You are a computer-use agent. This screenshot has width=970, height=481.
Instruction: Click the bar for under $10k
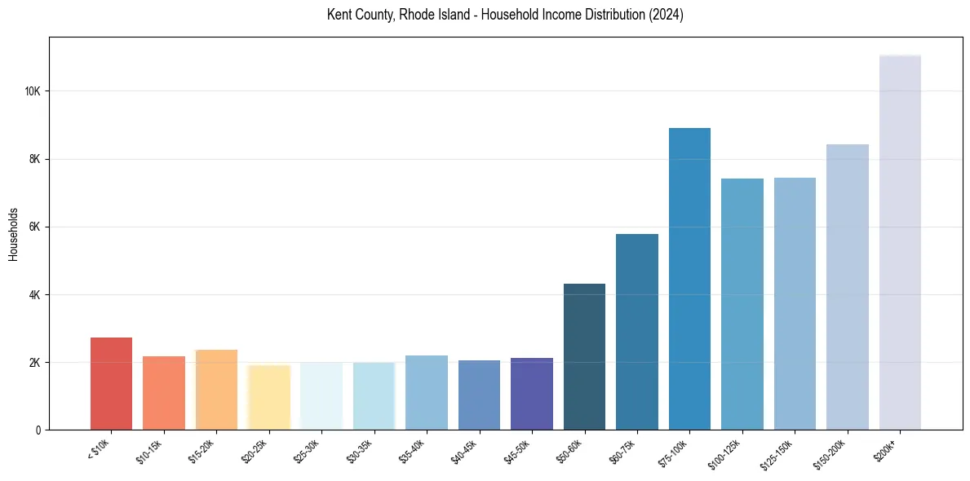point(111,383)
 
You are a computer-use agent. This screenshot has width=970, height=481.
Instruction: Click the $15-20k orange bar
point(216,390)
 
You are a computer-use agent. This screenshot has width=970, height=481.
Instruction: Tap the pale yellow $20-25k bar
point(268,397)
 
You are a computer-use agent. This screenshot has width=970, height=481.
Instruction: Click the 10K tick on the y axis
point(32,91)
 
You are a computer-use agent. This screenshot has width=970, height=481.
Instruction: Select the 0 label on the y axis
point(38,430)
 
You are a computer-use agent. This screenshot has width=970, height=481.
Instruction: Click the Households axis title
point(13,234)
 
